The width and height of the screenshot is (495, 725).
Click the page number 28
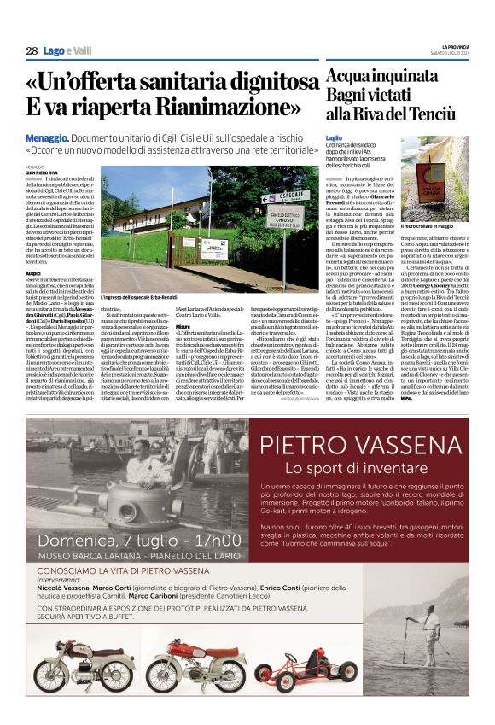tap(32, 51)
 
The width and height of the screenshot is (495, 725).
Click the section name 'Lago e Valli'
tap(69, 51)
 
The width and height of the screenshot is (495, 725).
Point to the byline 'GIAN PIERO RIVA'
tap(44, 172)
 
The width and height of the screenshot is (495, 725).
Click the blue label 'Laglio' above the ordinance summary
tap(335, 137)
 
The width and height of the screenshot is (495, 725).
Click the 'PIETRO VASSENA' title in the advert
tap(358, 445)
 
